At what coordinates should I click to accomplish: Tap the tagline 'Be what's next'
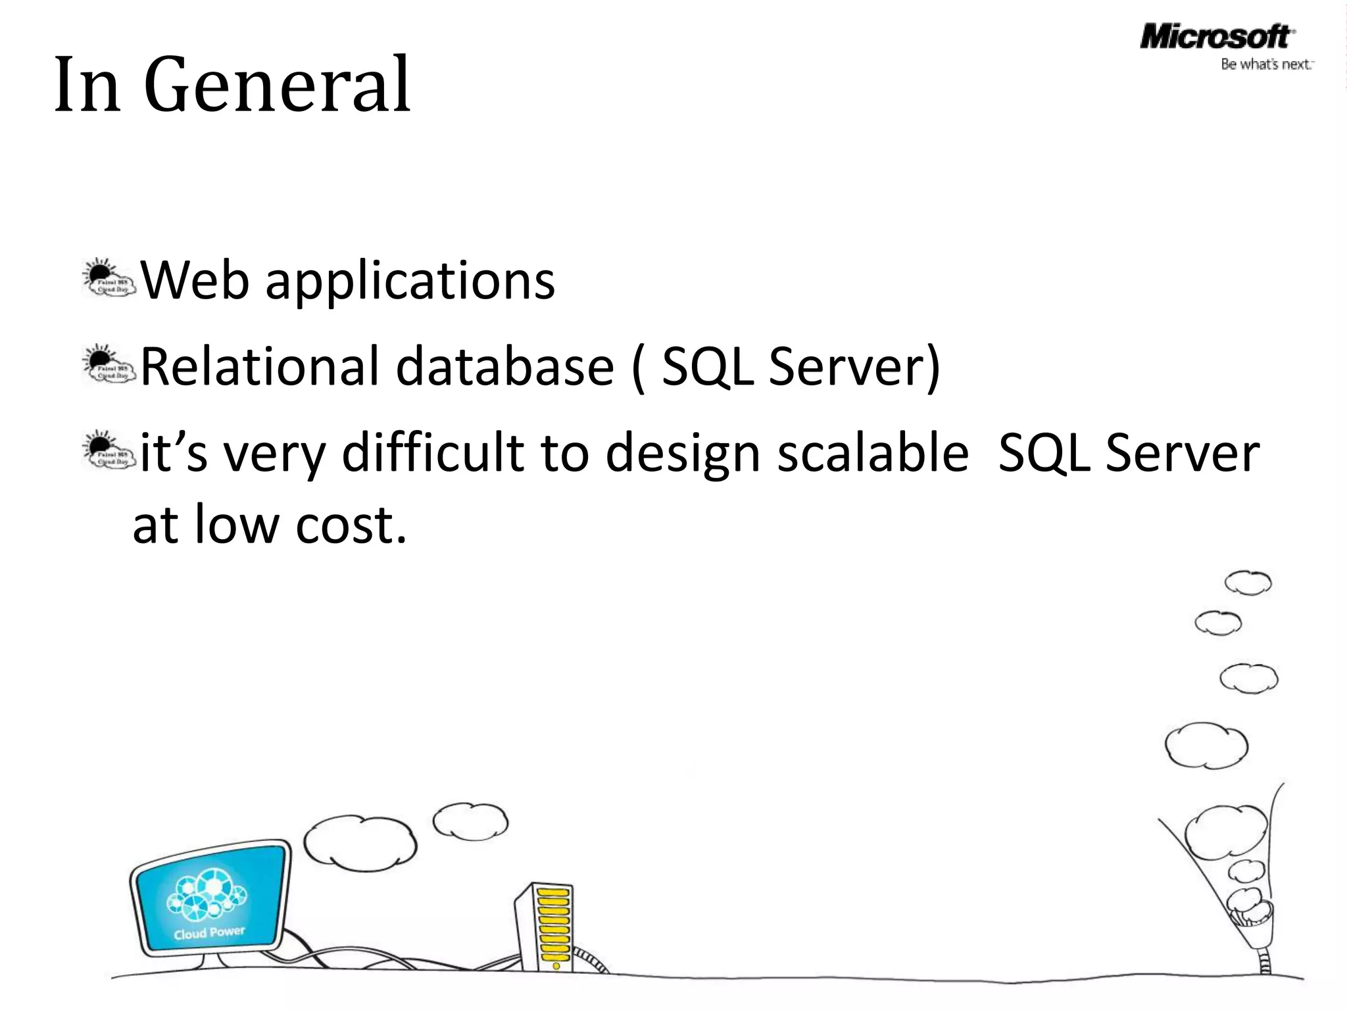pos(1265,64)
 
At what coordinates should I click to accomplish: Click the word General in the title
pos(277,85)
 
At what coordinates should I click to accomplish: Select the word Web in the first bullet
pos(195,281)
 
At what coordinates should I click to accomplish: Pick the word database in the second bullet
pos(504,366)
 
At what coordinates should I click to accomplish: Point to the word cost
pos(350,525)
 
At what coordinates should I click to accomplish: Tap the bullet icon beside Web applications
pos(109,279)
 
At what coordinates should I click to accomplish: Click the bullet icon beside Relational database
pos(109,366)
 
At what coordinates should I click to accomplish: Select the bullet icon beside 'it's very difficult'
pos(109,451)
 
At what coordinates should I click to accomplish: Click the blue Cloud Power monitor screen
pos(210,898)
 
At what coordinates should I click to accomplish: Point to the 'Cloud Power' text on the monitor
pos(209,932)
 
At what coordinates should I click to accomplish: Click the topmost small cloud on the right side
pos(1248,583)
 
